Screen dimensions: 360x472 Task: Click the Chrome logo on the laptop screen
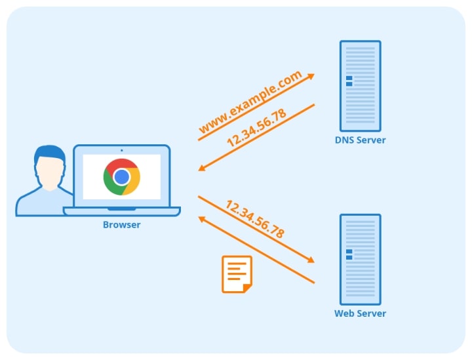pyautogui.click(x=121, y=177)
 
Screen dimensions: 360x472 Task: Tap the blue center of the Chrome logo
pyautogui.click(x=121, y=177)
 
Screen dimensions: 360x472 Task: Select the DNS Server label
pyautogui.click(x=360, y=140)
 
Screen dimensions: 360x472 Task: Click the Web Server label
pyautogui.click(x=360, y=313)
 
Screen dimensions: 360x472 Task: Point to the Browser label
pyautogui.click(x=121, y=225)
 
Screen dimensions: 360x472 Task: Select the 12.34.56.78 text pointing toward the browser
pyautogui.click(x=256, y=129)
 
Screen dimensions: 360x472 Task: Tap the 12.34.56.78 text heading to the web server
pyautogui.click(x=255, y=219)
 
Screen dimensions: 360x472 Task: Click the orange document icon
pyautogui.click(x=237, y=274)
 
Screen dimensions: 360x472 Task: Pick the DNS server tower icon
pyautogui.click(x=360, y=85)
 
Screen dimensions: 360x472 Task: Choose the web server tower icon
pyautogui.click(x=360, y=259)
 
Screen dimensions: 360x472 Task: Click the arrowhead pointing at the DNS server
pyautogui.click(x=311, y=76)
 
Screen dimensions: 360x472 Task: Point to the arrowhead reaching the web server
pyautogui.click(x=311, y=260)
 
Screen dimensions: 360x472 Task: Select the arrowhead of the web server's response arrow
pyautogui.click(x=202, y=218)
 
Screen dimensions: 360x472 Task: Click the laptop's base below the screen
pyautogui.click(x=121, y=212)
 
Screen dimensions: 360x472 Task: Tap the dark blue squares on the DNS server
pyautogui.click(x=349, y=81)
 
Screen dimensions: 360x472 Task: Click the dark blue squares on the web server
pyautogui.click(x=349, y=254)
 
